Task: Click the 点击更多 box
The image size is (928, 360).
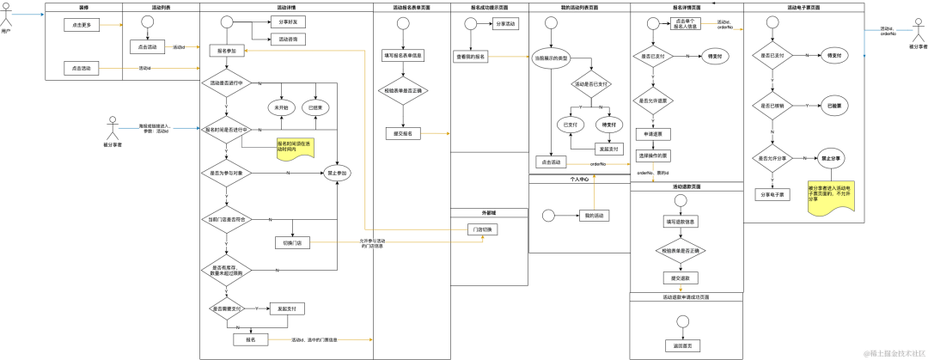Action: [82, 25]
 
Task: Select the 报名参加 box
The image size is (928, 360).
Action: [227, 51]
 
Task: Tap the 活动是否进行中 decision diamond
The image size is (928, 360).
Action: [227, 83]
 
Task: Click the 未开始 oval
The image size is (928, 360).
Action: [282, 107]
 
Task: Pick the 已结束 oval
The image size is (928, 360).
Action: [315, 107]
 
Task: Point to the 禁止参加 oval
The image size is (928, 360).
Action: [337, 173]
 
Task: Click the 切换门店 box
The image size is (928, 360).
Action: [292, 243]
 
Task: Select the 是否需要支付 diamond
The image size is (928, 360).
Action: [227, 308]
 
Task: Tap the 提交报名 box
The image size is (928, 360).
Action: [403, 134]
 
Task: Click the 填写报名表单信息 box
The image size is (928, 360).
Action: [403, 56]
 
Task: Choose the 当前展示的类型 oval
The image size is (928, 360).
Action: [551, 58]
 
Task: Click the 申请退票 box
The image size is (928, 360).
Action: [653, 134]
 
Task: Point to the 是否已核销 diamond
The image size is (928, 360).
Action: [772, 106]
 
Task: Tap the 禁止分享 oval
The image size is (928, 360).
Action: [831, 159]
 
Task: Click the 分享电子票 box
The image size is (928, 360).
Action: [772, 194]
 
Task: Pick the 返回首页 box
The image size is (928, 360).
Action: [682, 345]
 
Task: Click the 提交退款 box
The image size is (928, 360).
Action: [679, 278]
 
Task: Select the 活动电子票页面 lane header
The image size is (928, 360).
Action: [803, 7]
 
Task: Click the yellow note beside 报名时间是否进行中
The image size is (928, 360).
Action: [296, 147]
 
